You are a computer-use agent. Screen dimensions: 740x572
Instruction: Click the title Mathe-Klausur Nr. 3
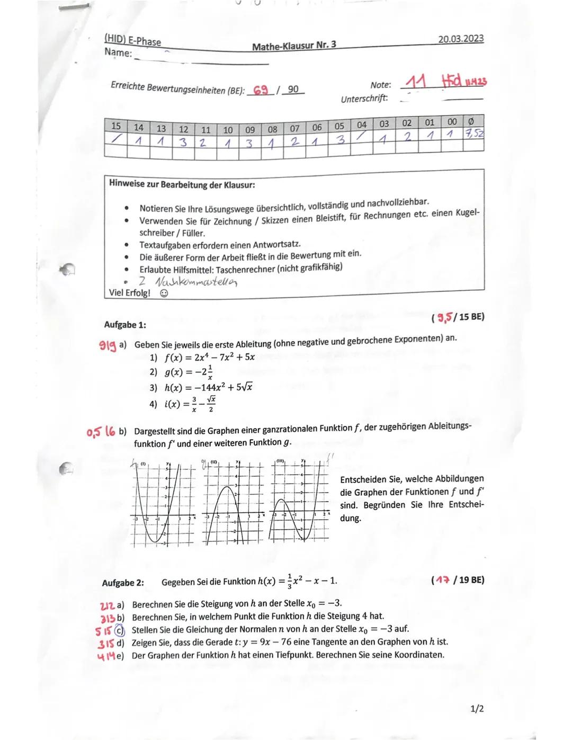tap(294, 46)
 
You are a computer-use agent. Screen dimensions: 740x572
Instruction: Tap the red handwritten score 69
tap(261, 90)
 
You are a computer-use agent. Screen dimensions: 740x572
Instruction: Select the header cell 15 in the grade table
tap(115, 126)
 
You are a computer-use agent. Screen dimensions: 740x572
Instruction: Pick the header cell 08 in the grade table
tap(272, 129)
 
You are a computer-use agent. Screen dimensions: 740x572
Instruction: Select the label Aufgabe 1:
tap(125, 325)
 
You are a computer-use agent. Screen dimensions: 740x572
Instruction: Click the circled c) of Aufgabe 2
tap(120, 630)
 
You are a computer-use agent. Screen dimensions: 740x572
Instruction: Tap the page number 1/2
tap(476, 709)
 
